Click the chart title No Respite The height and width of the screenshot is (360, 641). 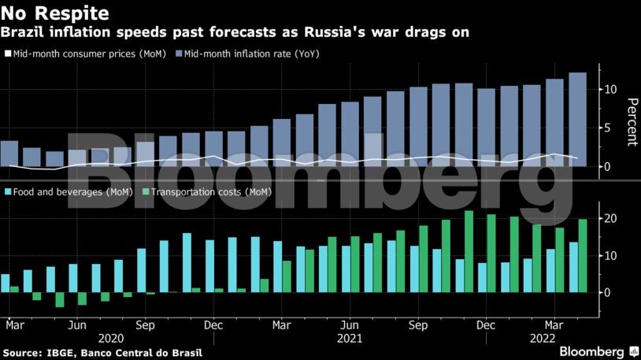54,13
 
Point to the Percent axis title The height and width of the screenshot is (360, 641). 631,122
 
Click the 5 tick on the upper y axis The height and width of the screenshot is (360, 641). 604,128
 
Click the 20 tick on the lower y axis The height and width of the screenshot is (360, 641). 607,218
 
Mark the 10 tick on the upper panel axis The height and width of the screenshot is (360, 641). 607,90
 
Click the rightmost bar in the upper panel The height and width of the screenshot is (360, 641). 577,119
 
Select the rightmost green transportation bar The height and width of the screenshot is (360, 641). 583,255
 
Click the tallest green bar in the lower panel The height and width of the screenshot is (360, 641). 469,251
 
